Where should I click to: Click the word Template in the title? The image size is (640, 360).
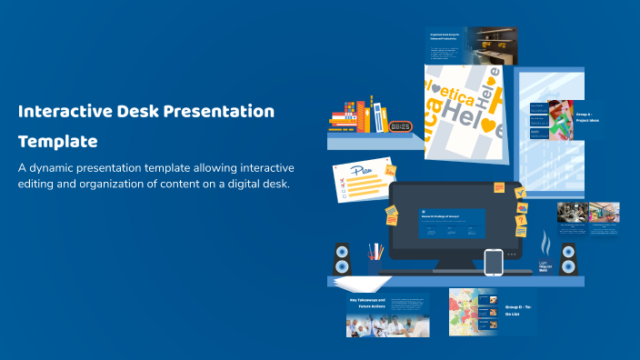(58, 142)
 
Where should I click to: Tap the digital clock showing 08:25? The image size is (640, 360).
(400, 126)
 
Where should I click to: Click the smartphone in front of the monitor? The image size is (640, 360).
(493, 262)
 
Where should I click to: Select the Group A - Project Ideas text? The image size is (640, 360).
(587, 117)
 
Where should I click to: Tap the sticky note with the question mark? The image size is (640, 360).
(521, 220)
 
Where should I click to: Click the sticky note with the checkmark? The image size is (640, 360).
(519, 193)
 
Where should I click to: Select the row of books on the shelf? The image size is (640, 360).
(360, 115)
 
